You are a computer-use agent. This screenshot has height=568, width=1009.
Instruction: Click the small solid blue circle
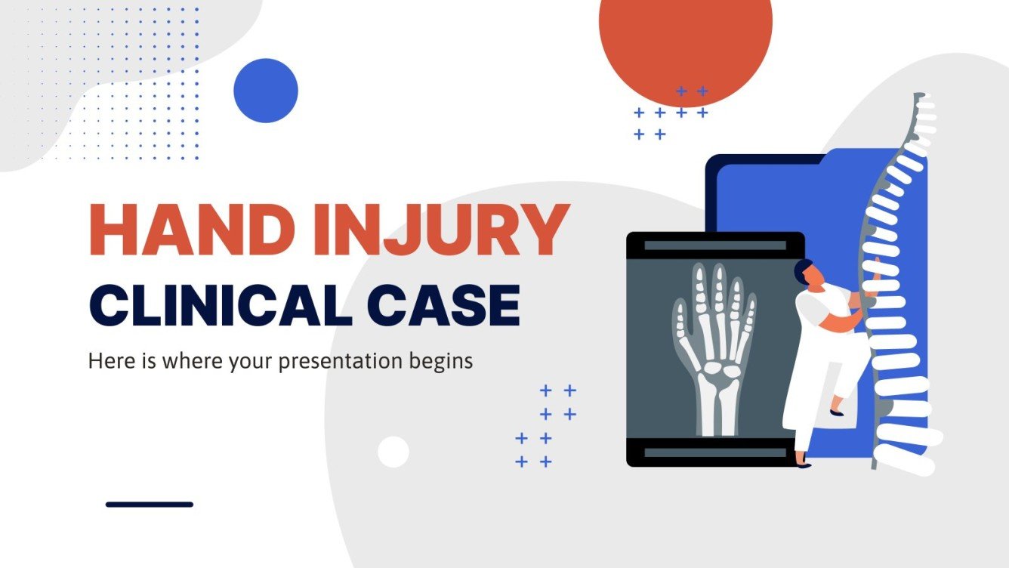point(266,91)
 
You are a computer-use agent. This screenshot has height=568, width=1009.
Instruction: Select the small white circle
point(393,452)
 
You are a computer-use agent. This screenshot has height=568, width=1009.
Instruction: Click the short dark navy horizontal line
point(150,504)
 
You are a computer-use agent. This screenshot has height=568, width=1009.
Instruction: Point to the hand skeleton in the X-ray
point(714,332)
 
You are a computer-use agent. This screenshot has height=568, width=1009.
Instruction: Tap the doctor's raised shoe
point(836,412)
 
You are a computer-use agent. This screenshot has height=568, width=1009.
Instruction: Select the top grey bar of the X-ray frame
point(714,245)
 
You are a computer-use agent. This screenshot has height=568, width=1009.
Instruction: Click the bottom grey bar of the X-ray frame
point(714,452)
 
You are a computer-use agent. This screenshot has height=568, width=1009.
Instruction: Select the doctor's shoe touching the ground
point(803,464)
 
